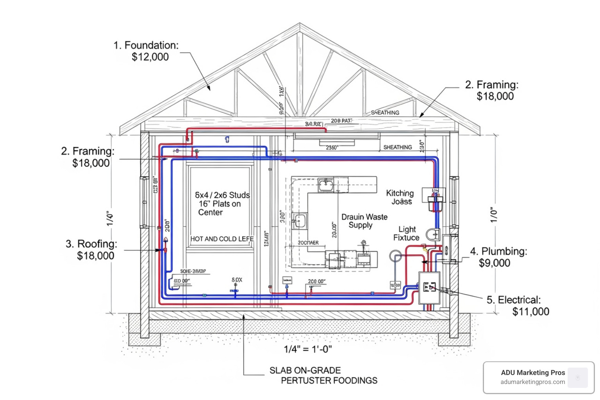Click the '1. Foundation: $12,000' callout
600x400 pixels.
146,51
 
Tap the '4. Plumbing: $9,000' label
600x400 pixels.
498,257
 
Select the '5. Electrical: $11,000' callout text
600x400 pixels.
518,305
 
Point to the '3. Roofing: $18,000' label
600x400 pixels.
91,250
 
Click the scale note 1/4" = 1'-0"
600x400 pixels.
308,349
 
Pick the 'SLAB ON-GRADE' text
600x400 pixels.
305,370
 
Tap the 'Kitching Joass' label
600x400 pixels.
400,197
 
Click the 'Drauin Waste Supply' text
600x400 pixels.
364,221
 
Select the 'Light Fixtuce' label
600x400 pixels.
407,234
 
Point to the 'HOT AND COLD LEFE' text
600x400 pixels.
222,239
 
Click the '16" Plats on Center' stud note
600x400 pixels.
219,208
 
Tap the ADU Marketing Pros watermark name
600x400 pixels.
533,373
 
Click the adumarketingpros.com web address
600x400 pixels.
533,382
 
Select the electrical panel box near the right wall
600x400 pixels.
430,288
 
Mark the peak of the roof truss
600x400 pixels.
300,25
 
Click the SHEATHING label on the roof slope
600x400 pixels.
385,112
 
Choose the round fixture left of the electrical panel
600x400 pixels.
395,257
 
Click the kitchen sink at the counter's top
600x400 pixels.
325,184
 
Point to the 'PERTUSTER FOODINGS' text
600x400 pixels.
329,380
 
